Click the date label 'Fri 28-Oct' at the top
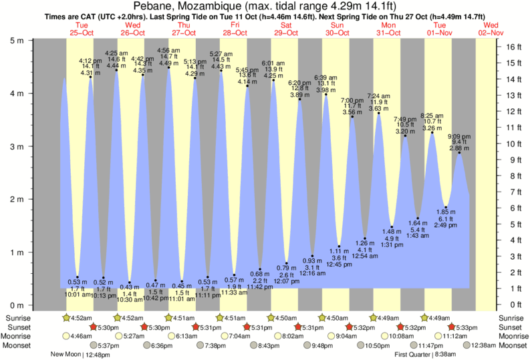236,28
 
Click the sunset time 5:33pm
466,327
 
